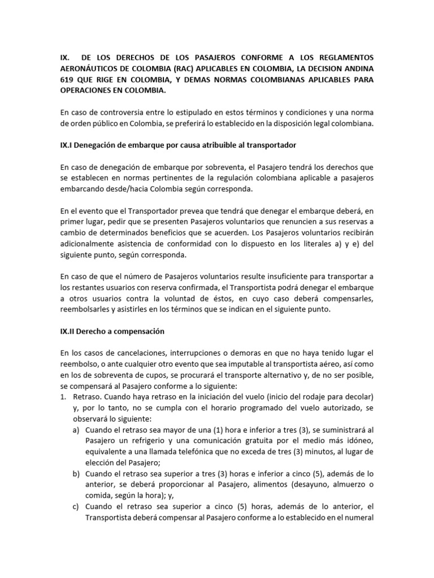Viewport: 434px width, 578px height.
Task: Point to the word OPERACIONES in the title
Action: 88,90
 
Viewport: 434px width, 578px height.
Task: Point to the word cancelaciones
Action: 128,353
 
